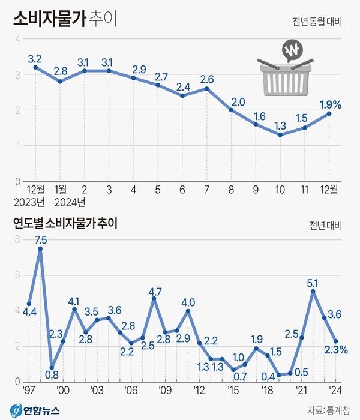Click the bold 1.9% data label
coord(330,104)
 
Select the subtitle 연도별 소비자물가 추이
coord(65,224)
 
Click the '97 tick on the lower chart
coord(27,389)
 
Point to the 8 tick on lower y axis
coord(18,239)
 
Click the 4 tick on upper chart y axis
coord(18,39)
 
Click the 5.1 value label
coord(313,282)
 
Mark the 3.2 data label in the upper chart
coord(35,59)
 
